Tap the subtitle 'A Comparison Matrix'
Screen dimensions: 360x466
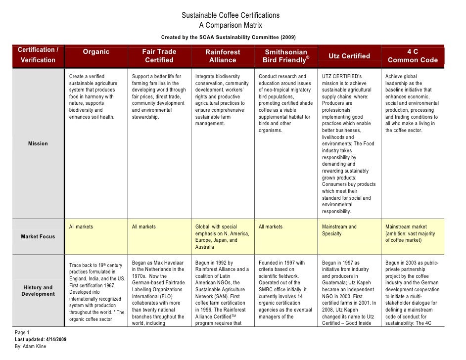[231, 25]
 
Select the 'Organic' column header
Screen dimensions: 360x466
[96, 51]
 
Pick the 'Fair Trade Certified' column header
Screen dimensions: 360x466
[159, 56]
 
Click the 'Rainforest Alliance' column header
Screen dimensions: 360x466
[223, 56]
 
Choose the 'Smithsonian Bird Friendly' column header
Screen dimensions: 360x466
[286, 56]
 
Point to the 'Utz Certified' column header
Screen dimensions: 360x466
[349, 56]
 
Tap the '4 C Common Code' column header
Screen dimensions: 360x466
[413, 56]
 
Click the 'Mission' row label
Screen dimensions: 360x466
[38, 143]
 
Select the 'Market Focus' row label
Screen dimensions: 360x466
[38, 236]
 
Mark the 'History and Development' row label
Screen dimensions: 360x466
[38, 291]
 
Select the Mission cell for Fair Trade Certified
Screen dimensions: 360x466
[159, 97]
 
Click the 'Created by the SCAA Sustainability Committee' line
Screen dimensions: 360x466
[231, 38]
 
